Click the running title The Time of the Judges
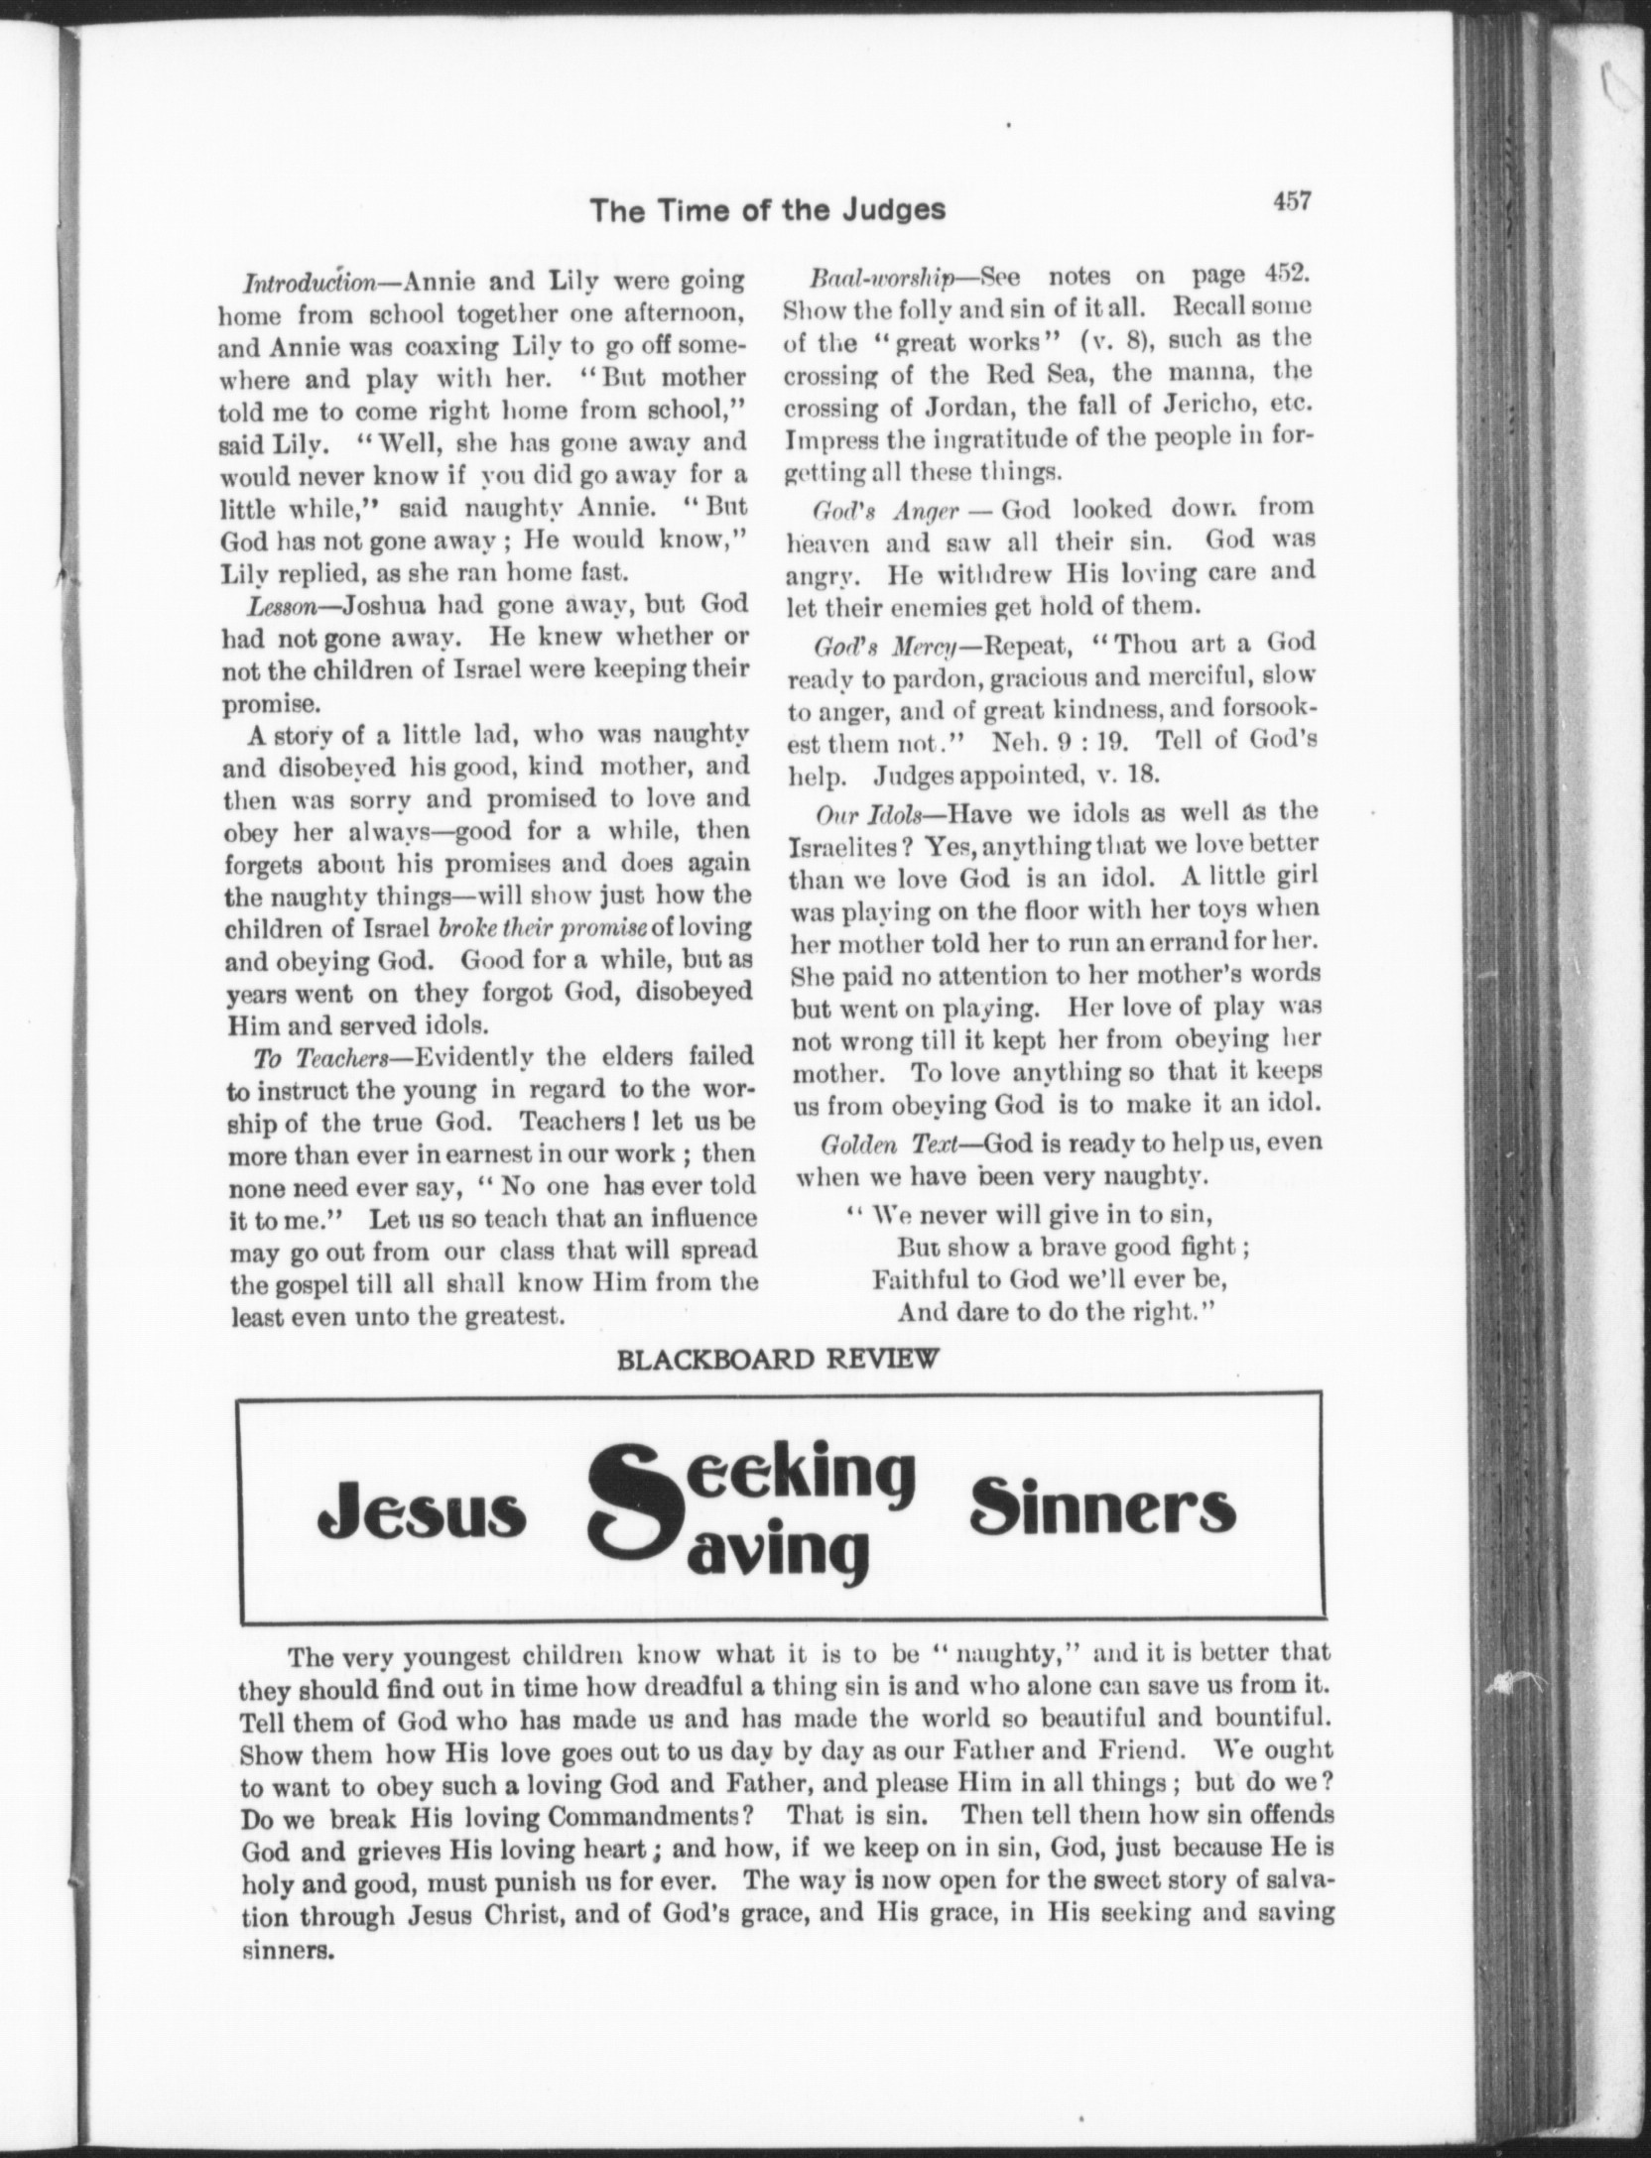767,210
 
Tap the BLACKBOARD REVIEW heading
777,1360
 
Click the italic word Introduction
308,282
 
